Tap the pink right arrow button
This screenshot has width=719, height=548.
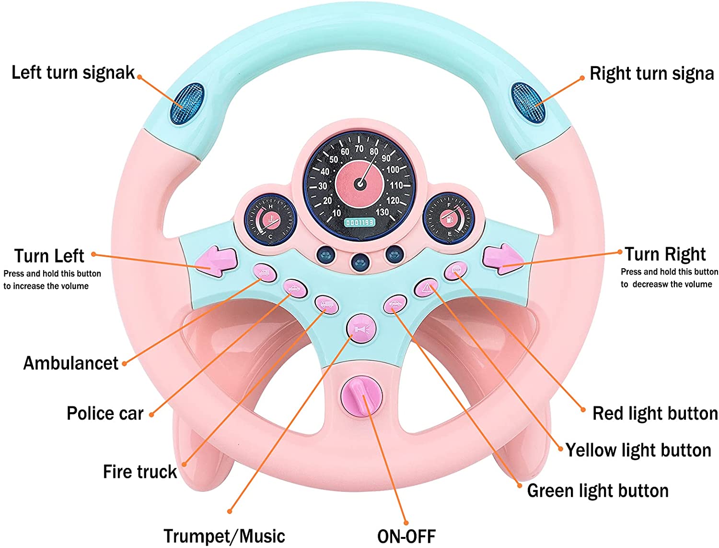[502, 259]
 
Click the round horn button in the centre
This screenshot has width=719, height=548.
[361, 329]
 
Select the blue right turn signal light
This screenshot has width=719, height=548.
[528, 103]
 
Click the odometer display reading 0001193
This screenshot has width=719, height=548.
[360, 223]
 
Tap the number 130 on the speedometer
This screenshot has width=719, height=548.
[382, 212]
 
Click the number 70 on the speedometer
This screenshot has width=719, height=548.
[359, 149]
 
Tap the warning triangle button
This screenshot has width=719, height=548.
[426, 288]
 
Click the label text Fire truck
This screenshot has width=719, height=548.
[140, 472]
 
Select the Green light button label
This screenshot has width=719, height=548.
[598, 491]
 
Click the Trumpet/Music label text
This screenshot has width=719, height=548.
[224, 536]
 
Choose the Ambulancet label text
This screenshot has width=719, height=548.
[71, 363]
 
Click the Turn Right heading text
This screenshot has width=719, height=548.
[665, 254]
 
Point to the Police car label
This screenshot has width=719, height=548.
[105, 413]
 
